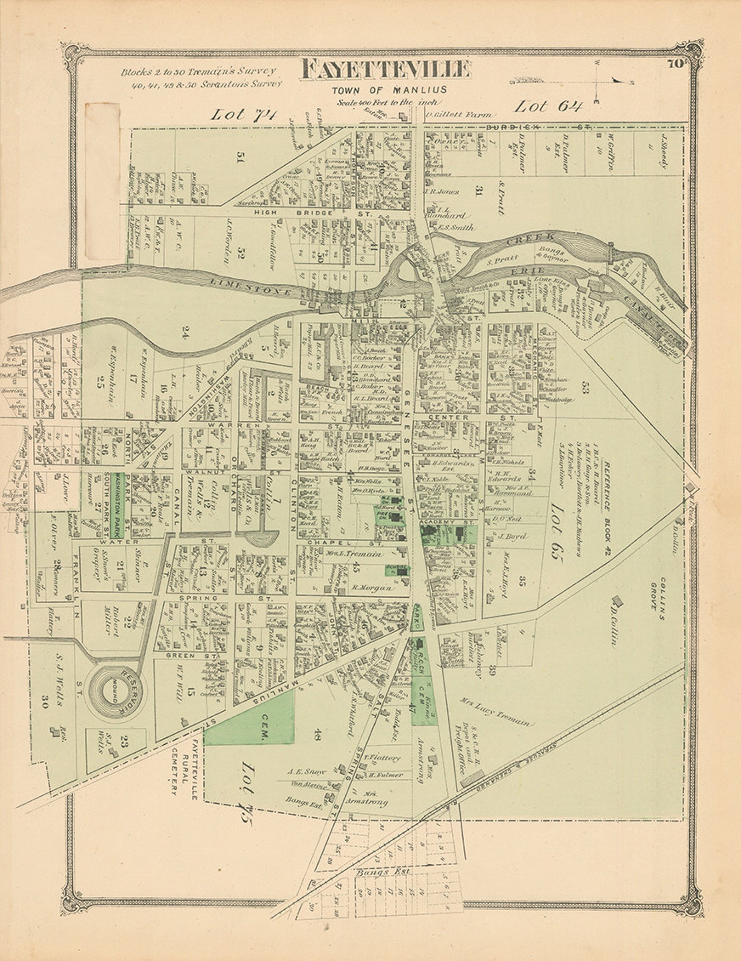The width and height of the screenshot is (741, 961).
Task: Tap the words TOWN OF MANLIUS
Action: tap(389, 90)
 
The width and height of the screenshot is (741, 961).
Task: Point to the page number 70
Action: tap(675, 64)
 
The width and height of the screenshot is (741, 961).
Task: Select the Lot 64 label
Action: tap(548, 107)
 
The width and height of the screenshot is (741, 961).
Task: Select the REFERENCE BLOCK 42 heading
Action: tap(606, 509)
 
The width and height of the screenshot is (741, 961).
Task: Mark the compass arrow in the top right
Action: tap(618, 80)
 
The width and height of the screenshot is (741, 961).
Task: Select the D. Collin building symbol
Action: tap(617, 601)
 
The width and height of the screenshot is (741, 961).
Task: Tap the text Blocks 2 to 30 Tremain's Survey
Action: tap(198, 72)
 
